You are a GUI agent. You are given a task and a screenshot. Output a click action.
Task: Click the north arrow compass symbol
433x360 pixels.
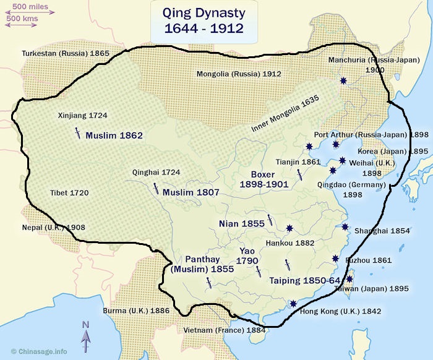point(86,336)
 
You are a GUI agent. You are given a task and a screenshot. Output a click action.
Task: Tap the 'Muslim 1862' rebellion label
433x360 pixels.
point(114,135)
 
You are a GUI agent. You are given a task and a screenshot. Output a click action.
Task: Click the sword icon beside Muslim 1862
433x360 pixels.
point(77,133)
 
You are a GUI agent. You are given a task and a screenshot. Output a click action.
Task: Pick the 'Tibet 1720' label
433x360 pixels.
point(69,193)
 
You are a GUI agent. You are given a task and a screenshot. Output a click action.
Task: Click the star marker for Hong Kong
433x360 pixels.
point(293,304)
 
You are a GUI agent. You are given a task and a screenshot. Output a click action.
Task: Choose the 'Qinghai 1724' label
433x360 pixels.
point(156,173)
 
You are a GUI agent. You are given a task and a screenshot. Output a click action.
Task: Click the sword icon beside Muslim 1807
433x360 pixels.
point(155,189)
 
